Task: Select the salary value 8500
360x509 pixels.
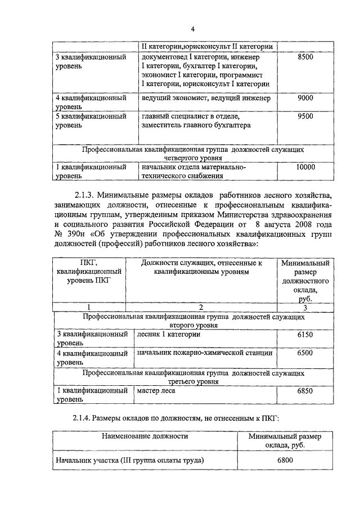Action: (x=305, y=57)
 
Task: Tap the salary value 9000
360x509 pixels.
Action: (x=305, y=98)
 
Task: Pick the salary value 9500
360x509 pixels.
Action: (x=305, y=116)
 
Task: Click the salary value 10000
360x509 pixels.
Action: (x=305, y=167)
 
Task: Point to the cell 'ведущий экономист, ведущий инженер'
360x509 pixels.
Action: (x=206, y=98)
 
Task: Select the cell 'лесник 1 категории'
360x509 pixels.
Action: (x=169, y=334)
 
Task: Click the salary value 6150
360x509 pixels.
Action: (x=305, y=334)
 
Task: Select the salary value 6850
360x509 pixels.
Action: (x=305, y=390)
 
